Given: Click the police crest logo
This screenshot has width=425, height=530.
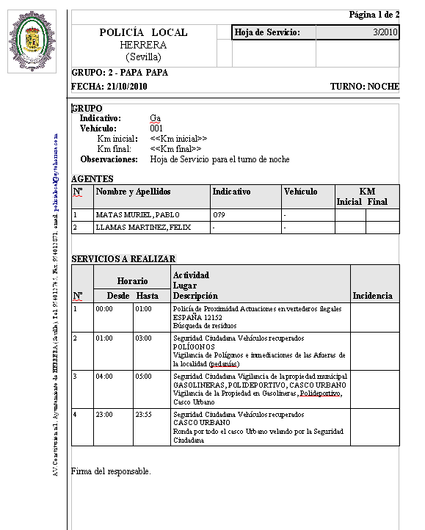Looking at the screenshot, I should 30,41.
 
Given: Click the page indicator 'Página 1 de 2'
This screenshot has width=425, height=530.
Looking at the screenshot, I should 374,15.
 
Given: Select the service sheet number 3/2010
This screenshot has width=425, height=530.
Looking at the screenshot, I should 385,32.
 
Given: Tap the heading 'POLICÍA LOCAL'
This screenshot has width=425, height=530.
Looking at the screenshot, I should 143,32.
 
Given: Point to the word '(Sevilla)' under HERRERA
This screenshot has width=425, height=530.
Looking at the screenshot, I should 143,57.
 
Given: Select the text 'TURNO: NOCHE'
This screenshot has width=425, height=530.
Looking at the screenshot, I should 364,87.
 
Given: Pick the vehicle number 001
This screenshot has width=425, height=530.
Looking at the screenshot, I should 156,128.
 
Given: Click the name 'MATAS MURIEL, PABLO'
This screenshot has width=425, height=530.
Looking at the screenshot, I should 137,215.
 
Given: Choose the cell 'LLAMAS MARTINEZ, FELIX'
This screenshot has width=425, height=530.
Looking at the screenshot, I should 142,228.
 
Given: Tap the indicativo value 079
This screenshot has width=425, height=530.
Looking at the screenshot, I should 218,215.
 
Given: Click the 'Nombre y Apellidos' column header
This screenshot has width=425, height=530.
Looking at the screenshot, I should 133,192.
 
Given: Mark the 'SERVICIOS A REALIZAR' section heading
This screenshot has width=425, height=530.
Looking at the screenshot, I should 123,258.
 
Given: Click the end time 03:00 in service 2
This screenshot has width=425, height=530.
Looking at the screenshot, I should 143,338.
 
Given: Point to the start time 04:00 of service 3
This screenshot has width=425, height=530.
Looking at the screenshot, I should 104,376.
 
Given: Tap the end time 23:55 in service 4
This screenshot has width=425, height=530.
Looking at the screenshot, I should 143,414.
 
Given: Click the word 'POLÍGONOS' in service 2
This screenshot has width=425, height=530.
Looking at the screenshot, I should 194,346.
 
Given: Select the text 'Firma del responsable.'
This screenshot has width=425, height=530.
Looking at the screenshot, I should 111,471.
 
